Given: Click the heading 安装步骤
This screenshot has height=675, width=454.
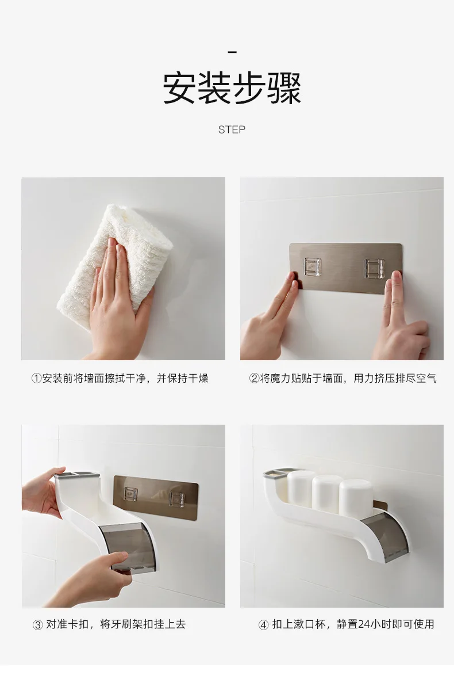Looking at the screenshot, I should point(232,88).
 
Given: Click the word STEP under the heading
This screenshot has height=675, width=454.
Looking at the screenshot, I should point(232,130).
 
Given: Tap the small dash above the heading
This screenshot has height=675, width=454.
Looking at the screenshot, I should point(232,52).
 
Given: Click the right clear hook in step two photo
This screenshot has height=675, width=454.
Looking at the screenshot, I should point(374,269).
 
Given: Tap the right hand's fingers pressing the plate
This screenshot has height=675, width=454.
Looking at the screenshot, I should point(397,305).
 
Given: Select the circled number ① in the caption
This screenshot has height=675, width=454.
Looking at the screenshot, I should point(36,378).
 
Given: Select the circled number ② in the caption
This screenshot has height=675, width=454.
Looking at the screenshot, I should point(253,378).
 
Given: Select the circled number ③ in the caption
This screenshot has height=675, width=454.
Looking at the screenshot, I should point(37,624).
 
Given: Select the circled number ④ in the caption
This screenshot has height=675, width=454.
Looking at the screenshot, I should point(263,624).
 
